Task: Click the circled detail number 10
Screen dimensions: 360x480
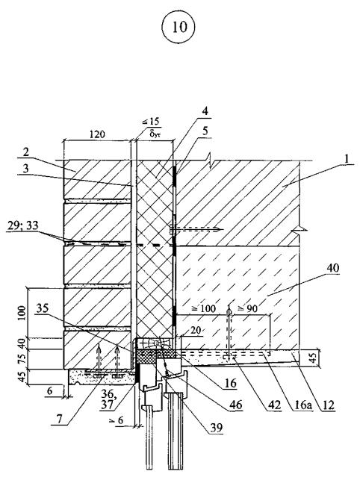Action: point(179,27)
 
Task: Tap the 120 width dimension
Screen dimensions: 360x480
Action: point(97,134)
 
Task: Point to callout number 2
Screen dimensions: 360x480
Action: point(25,153)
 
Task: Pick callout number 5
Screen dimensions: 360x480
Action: point(205,131)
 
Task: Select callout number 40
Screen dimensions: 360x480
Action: point(332,268)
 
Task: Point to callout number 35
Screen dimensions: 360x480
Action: point(43,308)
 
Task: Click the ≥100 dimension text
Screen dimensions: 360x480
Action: point(204,308)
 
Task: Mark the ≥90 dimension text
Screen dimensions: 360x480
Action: point(248,309)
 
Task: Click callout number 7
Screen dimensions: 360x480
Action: point(60,419)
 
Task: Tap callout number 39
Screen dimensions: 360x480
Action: point(216,427)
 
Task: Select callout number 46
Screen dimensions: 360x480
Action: point(236,405)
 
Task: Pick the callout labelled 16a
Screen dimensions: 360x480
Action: point(302,405)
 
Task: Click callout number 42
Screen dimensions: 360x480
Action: point(274,405)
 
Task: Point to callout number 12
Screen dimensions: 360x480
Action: point(328,405)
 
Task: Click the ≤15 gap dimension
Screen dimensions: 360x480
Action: point(150,121)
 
